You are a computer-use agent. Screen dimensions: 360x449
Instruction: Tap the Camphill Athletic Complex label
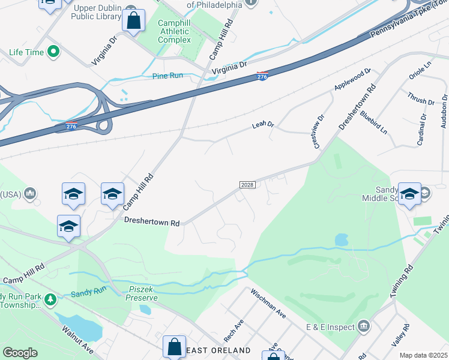174,32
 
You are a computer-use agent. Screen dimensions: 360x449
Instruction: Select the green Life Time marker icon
53,52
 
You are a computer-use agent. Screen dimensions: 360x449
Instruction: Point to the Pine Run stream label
167,76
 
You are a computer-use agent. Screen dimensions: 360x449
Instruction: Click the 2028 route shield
248,184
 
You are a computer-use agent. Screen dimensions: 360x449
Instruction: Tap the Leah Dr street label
263,125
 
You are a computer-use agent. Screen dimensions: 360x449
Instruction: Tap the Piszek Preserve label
143,293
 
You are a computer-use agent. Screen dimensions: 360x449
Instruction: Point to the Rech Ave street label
233,327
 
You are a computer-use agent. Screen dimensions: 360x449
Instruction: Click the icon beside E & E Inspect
364,326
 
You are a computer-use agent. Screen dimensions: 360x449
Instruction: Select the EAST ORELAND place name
218,350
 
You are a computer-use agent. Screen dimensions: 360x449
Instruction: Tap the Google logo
20,353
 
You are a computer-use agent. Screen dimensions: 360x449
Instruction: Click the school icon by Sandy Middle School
410,194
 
